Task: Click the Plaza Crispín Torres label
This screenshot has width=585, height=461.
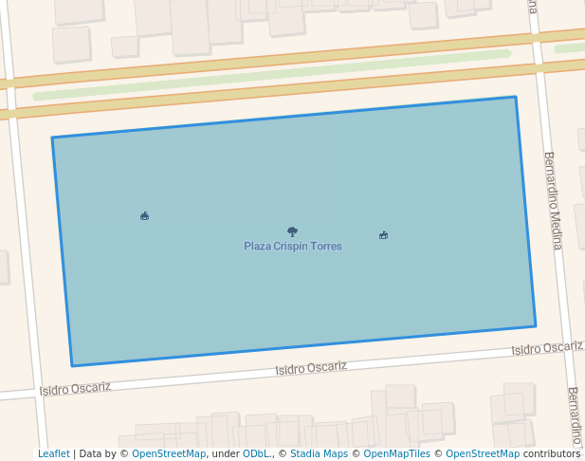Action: (x=292, y=247)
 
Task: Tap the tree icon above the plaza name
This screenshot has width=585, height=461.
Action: (x=292, y=231)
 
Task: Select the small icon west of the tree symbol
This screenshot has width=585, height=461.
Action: (x=144, y=216)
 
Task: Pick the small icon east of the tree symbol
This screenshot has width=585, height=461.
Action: (x=383, y=235)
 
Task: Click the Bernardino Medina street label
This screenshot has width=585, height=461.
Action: (x=553, y=200)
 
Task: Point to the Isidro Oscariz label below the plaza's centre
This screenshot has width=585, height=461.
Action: (x=311, y=368)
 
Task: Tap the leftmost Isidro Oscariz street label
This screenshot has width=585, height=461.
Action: (x=75, y=388)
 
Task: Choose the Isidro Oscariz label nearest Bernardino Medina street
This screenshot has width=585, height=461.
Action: (x=547, y=348)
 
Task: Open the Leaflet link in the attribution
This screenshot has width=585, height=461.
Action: (x=53, y=454)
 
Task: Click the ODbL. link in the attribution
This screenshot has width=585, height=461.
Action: (x=256, y=454)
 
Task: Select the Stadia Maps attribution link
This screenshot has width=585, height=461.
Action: (x=319, y=454)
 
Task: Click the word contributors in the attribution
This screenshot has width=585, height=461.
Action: (x=552, y=454)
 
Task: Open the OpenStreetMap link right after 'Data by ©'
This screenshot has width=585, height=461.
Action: (x=169, y=454)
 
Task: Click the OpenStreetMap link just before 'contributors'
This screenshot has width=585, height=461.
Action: (x=483, y=454)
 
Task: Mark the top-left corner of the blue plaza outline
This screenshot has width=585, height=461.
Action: (x=52, y=138)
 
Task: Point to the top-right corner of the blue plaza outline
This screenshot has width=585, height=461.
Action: (x=516, y=97)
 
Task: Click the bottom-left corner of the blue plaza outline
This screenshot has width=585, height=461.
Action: (x=72, y=365)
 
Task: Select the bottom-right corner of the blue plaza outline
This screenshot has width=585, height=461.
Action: (x=536, y=326)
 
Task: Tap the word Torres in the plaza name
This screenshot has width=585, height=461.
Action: (x=325, y=247)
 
